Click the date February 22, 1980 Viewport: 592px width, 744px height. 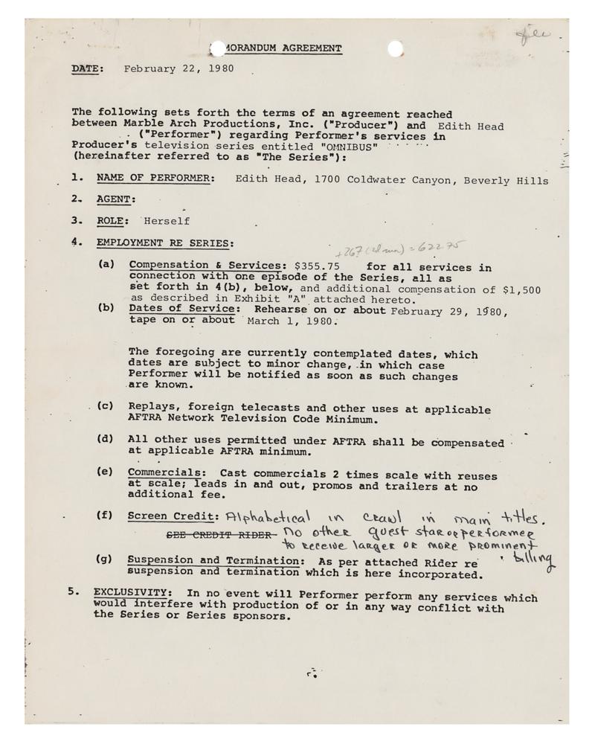(x=178, y=68)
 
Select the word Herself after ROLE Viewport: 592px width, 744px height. (x=167, y=221)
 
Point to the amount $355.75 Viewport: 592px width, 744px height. (x=318, y=266)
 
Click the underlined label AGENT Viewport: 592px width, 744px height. (x=115, y=200)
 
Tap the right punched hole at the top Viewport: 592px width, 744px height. (x=395, y=49)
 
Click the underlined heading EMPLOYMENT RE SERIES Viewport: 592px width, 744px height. (x=164, y=243)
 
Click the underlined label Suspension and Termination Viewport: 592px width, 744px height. (x=213, y=560)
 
